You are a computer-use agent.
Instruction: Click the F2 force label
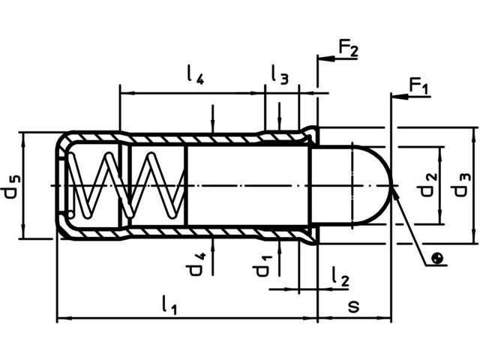[x=348, y=48]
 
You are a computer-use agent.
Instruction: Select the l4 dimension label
[x=195, y=75]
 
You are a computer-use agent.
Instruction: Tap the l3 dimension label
[x=280, y=75]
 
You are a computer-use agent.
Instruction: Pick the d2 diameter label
[x=427, y=184]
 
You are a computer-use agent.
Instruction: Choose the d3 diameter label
[x=460, y=184]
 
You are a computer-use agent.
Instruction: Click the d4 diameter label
[x=194, y=265]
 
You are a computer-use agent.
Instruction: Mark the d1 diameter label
[x=261, y=265]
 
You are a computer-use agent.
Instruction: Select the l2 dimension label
[x=340, y=277]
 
